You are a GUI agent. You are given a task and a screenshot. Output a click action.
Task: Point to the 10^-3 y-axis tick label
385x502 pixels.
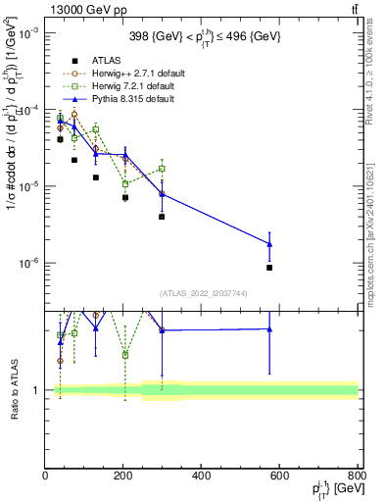point(28,33)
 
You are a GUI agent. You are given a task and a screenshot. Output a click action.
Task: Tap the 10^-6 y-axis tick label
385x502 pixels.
point(28,263)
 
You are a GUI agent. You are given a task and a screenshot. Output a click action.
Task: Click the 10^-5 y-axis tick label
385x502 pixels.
point(28,186)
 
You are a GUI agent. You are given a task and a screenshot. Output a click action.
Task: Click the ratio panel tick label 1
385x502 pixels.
point(36,390)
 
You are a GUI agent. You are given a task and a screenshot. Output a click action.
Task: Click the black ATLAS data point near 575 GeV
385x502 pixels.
point(269,268)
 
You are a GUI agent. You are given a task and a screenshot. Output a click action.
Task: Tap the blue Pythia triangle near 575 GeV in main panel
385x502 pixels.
point(269,243)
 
